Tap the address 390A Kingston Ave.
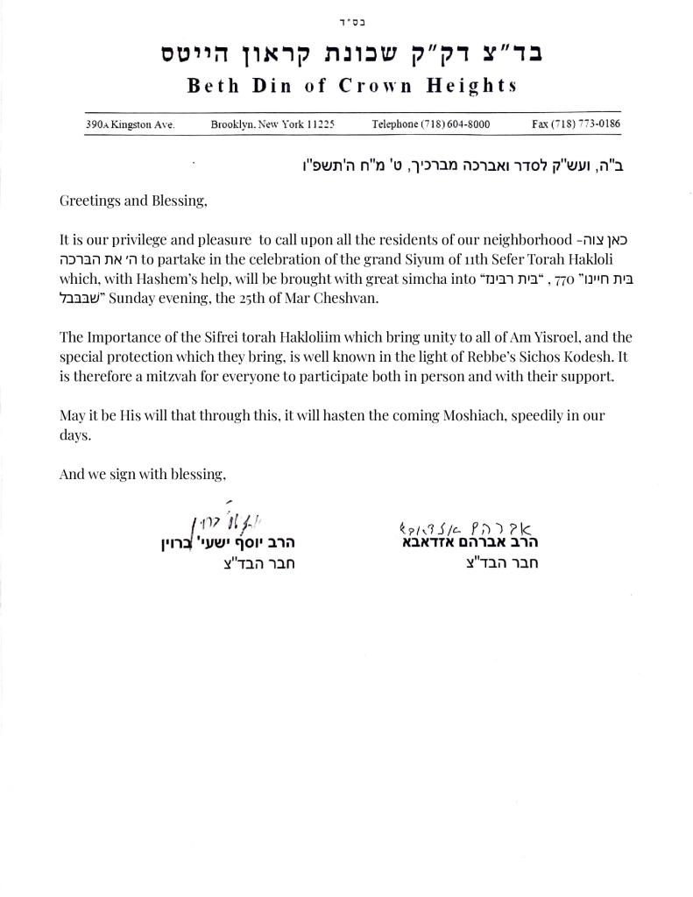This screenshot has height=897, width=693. [x=131, y=124]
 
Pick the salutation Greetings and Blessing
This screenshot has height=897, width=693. [x=133, y=201]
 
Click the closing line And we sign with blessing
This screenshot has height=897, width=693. [x=143, y=474]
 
